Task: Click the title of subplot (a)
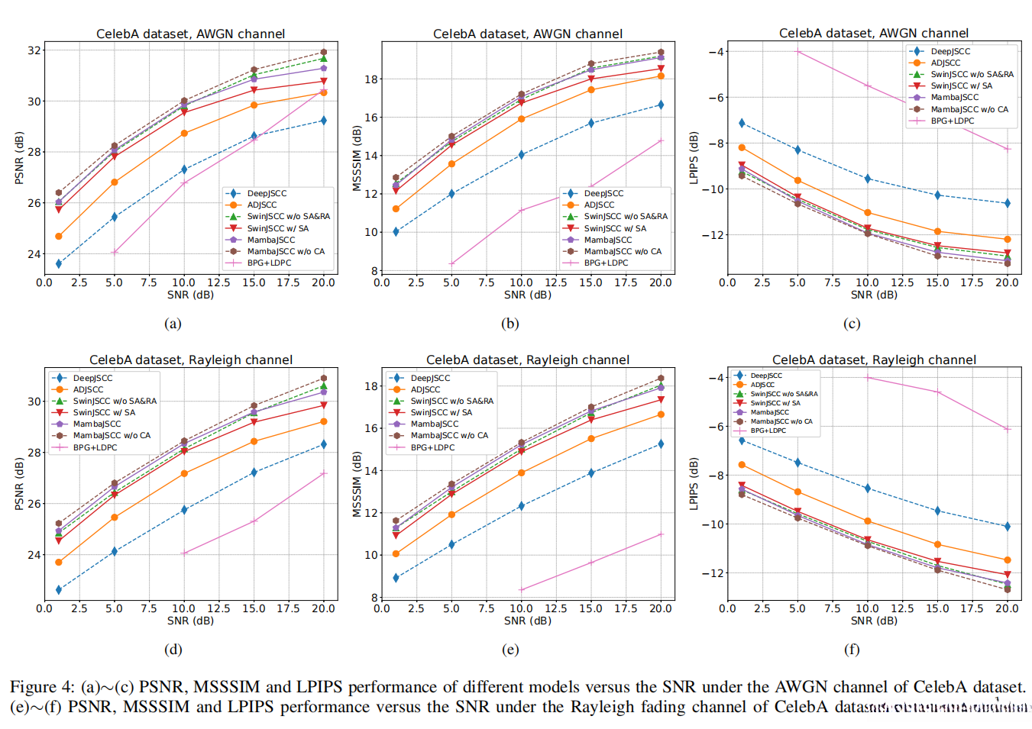(190, 34)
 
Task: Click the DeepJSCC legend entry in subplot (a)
(267, 193)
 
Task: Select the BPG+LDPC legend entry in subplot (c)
(952, 121)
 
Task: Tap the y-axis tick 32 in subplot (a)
(34, 50)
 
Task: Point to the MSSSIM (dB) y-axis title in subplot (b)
(357, 158)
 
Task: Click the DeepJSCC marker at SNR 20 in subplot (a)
(324, 121)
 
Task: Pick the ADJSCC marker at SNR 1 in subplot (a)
(59, 236)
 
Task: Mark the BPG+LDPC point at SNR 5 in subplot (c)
(797, 52)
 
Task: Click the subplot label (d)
(173, 650)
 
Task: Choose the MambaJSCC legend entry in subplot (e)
(434, 424)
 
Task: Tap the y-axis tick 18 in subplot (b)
(372, 79)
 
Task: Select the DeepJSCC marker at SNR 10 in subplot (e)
(521, 506)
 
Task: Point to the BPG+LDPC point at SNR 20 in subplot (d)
(324, 473)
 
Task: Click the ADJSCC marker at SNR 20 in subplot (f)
(1007, 560)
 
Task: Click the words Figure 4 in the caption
(43, 687)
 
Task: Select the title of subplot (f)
(874, 360)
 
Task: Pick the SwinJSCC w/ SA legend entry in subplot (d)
(104, 412)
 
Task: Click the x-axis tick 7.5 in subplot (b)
(487, 282)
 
